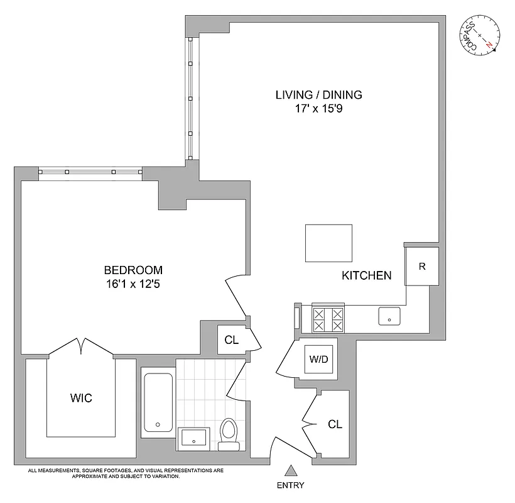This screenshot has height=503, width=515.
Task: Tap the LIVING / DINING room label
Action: (x=319, y=95)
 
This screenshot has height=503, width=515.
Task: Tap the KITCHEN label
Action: (x=367, y=275)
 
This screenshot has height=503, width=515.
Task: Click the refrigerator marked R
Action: (x=422, y=267)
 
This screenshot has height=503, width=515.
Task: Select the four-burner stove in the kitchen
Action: (x=329, y=319)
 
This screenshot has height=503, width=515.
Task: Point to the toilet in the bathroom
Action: (x=229, y=434)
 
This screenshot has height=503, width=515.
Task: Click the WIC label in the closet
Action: (x=81, y=397)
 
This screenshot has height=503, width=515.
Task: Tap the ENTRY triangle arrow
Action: (x=290, y=470)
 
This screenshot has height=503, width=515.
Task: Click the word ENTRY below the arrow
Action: (x=290, y=485)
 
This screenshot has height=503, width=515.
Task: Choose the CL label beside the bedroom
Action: (x=231, y=341)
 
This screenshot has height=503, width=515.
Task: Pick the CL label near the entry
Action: (x=335, y=424)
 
